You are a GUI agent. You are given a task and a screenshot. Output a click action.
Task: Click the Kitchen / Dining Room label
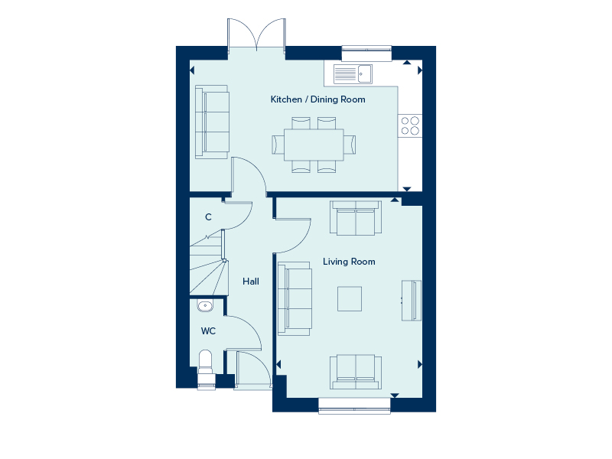point(317,99)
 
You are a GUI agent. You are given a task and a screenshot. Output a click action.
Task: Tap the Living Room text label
point(349,262)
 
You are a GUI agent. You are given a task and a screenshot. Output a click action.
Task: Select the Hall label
point(251,282)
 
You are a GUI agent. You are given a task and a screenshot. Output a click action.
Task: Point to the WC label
point(208,331)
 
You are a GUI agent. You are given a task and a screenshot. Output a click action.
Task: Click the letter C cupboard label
point(208,217)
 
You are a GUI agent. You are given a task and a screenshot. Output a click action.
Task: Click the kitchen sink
point(353,73)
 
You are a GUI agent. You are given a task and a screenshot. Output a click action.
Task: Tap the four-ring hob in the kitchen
point(410,125)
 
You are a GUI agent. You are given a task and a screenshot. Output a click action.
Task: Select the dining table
point(314,144)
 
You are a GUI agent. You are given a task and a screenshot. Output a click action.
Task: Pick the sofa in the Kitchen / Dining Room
point(212,122)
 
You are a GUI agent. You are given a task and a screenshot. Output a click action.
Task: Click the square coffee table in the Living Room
point(350,298)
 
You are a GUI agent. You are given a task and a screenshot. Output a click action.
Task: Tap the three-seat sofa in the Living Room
point(295,298)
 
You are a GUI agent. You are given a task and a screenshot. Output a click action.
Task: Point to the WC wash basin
point(204,307)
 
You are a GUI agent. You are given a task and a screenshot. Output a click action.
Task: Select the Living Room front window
point(354,405)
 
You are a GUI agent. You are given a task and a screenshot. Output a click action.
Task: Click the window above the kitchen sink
point(366,53)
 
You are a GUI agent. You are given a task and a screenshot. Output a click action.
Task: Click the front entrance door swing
point(253,370)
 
